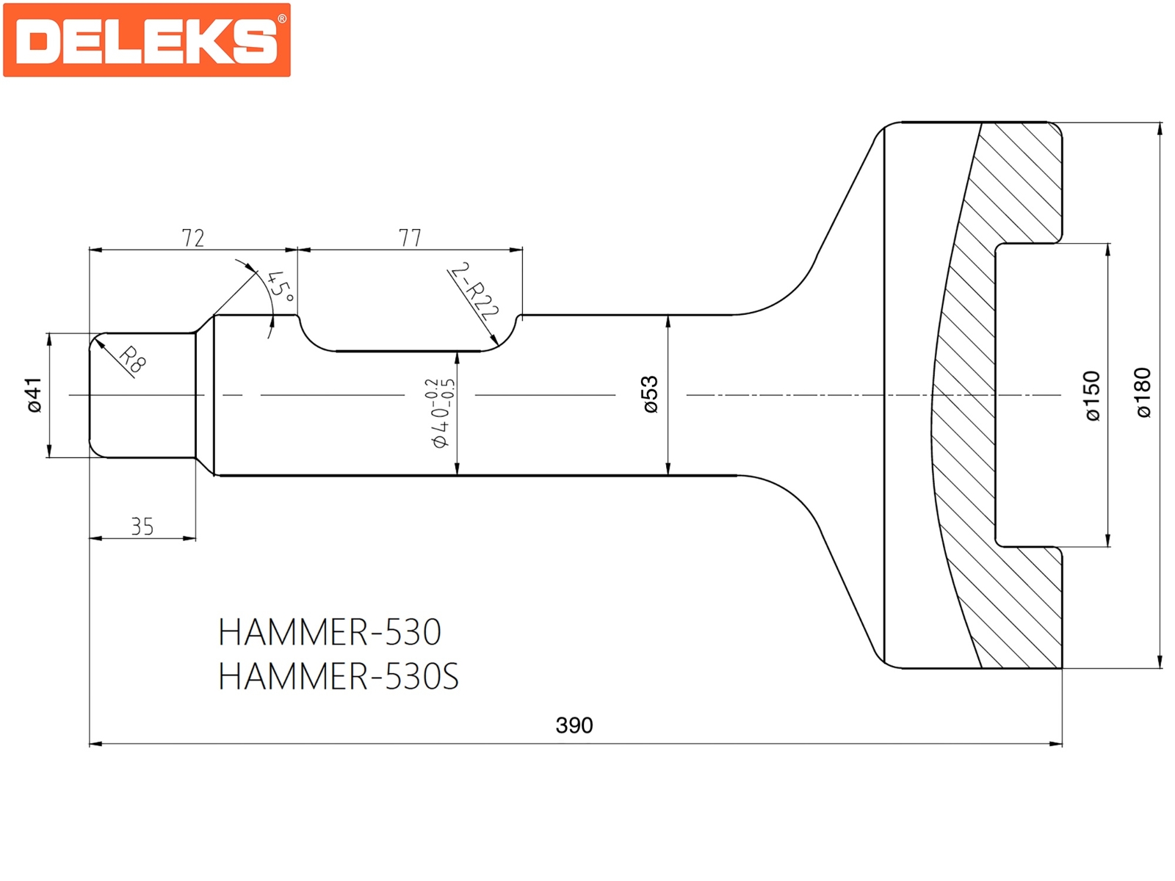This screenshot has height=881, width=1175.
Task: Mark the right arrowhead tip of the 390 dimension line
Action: [x=1062, y=744]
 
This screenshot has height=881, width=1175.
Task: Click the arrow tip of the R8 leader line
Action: [x=95, y=338]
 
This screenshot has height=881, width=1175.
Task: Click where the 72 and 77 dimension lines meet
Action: [x=297, y=250]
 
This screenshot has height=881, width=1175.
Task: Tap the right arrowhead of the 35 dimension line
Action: [x=195, y=538]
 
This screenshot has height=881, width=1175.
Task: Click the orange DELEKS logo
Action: [x=147, y=40]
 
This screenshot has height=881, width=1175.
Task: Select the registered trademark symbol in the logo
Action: [x=281, y=19]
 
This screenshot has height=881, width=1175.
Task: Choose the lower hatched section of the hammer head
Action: [x=1006, y=588]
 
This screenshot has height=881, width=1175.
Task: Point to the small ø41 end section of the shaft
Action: [x=142, y=395]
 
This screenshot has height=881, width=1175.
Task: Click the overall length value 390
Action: [x=574, y=725]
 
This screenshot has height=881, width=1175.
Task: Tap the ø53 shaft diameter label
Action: [x=651, y=395]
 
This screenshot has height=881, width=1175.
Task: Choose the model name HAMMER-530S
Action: [x=339, y=677]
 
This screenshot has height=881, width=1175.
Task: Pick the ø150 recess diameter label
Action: [x=1093, y=395]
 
